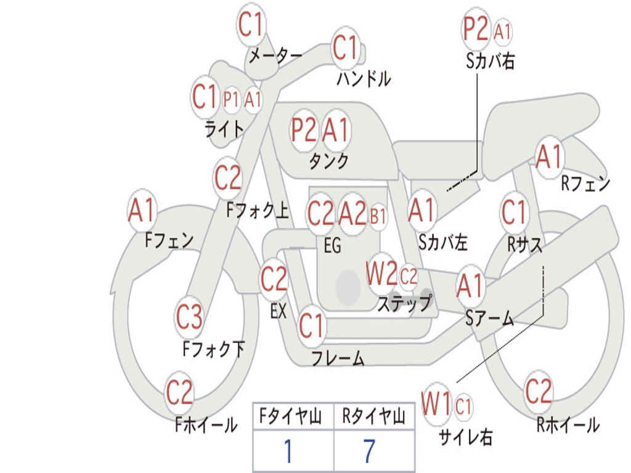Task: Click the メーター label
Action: (275, 56)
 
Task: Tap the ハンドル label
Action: (364, 78)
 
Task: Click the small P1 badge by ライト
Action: (232, 99)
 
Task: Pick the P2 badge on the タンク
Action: (304, 130)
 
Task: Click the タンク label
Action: (329, 161)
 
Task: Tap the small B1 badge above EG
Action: (378, 216)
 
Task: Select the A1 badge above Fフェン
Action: (142, 211)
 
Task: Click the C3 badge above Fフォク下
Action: (189, 317)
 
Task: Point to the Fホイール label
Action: (206, 425)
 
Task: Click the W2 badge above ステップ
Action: (381, 273)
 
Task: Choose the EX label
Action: (279, 311)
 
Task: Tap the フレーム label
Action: (338, 358)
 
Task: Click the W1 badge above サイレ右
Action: (436, 405)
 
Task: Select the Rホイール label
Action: (568, 424)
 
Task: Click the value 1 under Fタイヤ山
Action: (288, 452)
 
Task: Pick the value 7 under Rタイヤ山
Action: (369, 452)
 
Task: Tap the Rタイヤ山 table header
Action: (373, 418)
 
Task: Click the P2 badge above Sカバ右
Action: (476, 29)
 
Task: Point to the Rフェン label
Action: (585, 184)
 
